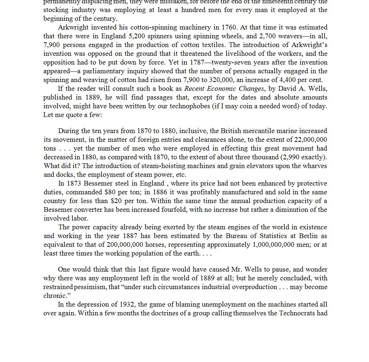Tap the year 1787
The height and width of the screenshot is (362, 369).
pyautogui.click(x=202, y=62)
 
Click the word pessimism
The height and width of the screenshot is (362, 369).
pyautogui.click(x=86, y=287)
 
